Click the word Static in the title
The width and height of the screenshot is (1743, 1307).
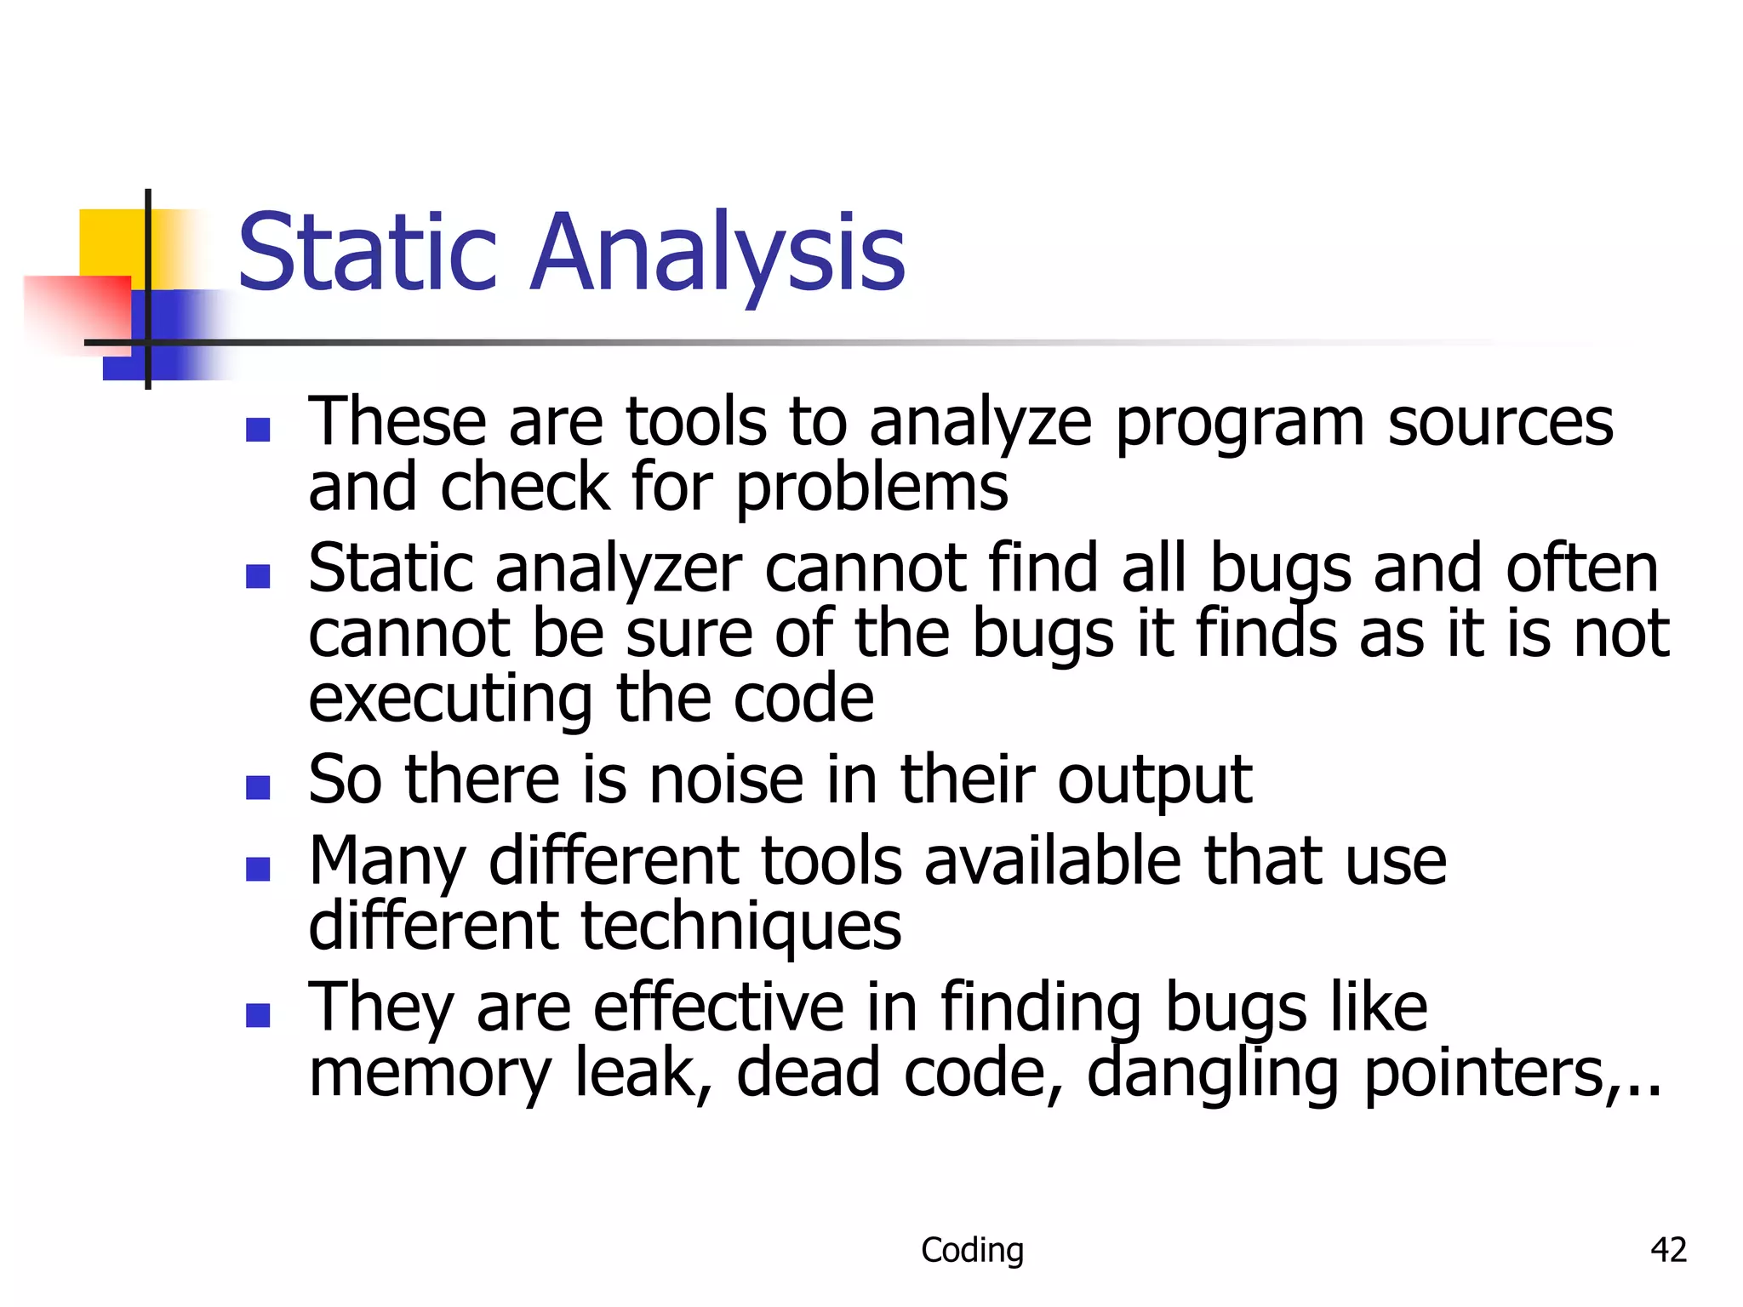pyautogui.click(x=367, y=253)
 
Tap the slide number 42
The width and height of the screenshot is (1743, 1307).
pyautogui.click(x=1668, y=1250)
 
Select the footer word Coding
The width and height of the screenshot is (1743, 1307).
pyautogui.click(x=972, y=1250)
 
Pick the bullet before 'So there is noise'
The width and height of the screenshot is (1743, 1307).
pyautogui.click(x=258, y=787)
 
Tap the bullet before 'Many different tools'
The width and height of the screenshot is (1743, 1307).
pyautogui.click(x=258, y=869)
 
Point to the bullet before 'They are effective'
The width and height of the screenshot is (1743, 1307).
pyautogui.click(x=258, y=1015)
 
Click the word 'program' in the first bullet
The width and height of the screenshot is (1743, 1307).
pyautogui.click(x=1239, y=424)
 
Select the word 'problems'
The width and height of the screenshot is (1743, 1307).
pyautogui.click(x=871, y=489)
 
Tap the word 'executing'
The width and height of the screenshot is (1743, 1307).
pyautogui.click(x=450, y=699)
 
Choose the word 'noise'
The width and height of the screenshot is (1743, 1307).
pyautogui.click(x=726, y=780)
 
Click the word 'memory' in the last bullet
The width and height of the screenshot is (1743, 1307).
pyautogui.click(x=430, y=1074)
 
